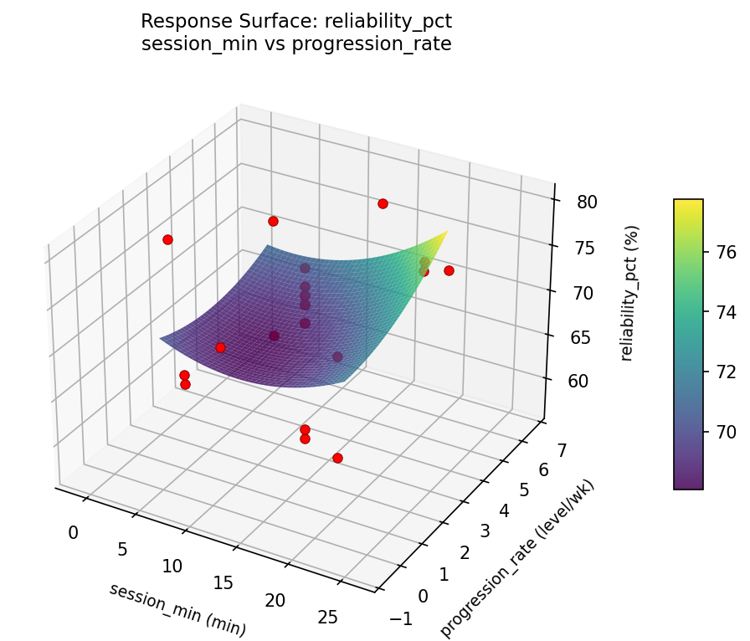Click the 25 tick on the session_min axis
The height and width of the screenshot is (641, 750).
click(x=328, y=618)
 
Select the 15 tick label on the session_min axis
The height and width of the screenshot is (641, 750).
click(x=223, y=583)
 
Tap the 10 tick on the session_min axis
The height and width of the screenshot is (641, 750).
click(x=172, y=567)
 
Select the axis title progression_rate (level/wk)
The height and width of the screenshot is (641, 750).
click(x=517, y=558)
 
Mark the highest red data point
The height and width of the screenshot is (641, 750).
click(x=383, y=203)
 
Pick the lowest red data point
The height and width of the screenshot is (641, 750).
click(x=337, y=458)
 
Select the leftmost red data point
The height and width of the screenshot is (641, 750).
click(x=167, y=239)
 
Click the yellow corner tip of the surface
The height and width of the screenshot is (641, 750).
click(x=447, y=231)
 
